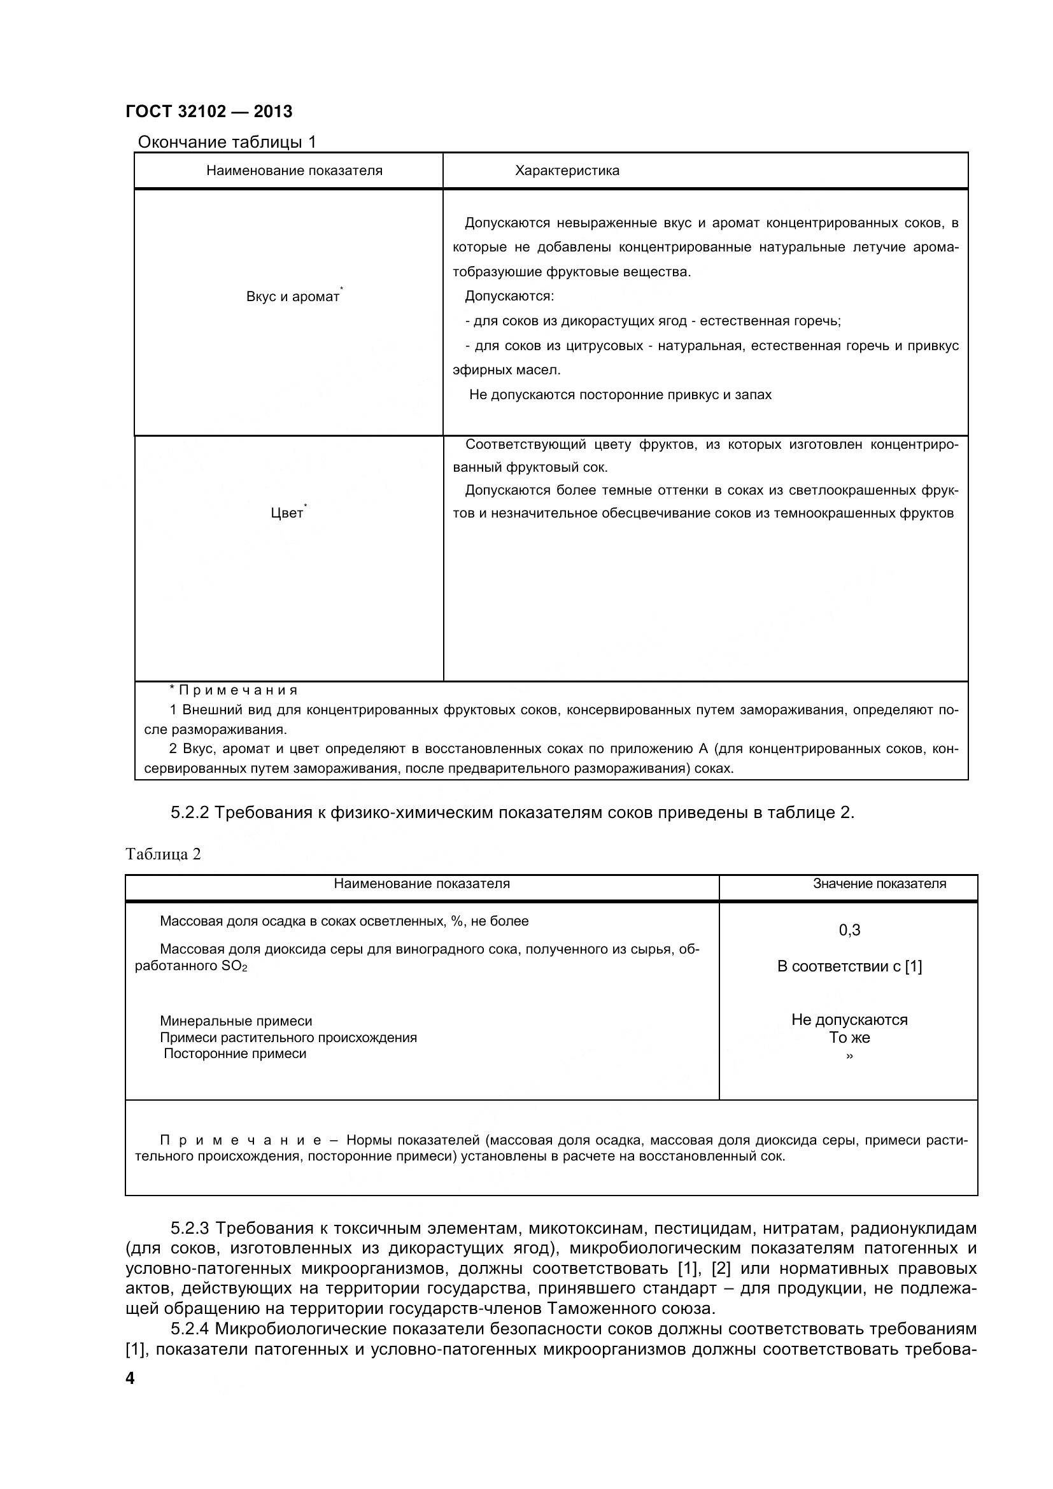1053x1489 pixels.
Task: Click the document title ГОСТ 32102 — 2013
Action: (x=209, y=111)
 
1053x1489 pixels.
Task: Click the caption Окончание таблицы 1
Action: (x=227, y=142)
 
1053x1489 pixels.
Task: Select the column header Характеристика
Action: (x=567, y=171)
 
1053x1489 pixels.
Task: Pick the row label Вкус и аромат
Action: (x=292, y=297)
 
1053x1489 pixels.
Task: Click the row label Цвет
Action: (x=286, y=513)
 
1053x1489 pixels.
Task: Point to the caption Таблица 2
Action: (x=164, y=854)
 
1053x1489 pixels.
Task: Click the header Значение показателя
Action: (x=879, y=884)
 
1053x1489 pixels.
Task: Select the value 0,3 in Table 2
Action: (x=849, y=930)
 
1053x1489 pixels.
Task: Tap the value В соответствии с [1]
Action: (x=849, y=966)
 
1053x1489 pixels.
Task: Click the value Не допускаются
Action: (x=849, y=1019)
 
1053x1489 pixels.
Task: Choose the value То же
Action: (x=849, y=1038)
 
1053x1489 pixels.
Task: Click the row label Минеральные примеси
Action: (x=236, y=1020)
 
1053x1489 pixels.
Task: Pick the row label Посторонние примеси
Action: (x=235, y=1054)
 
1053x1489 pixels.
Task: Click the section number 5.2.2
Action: (x=189, y=812)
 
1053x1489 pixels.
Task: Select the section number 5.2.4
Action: (x=189, y=1329)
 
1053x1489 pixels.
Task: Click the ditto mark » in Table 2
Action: (x=849, y=1055)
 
